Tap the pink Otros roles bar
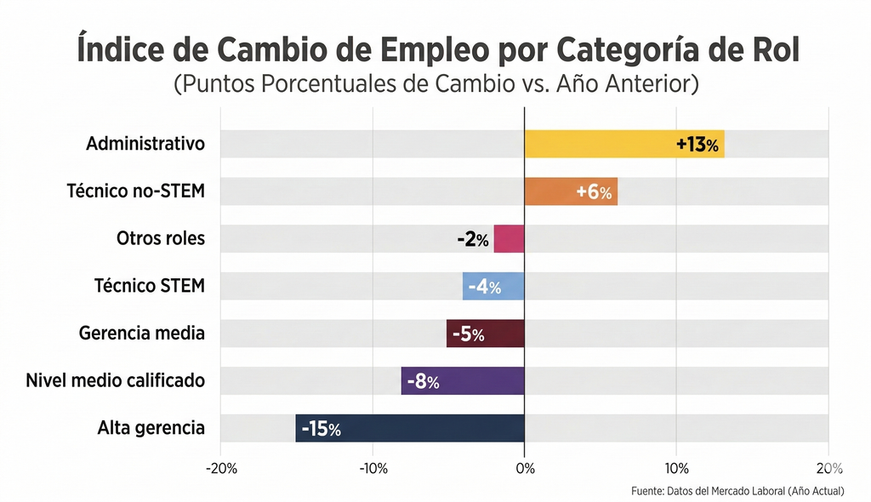click(x=509, y=239)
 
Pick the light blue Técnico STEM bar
click(x=493, y=287)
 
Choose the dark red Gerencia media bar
click(x=485, y=334)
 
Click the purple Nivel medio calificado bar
click(x=463, y=381)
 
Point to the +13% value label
click(x=697, y=145)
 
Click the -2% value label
click(x=473, y=240)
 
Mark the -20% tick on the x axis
click(x=221, y=469)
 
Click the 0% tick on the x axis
click(x=525, y=469)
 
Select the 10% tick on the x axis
click(x=675, y=469)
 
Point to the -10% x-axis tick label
click(x=373, y=469)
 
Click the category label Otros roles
click(x=161, y=238)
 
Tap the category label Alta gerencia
click(x=151, y=428)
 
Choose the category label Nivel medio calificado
click(x=116, y=380)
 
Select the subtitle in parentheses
click(x=435, y=85)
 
